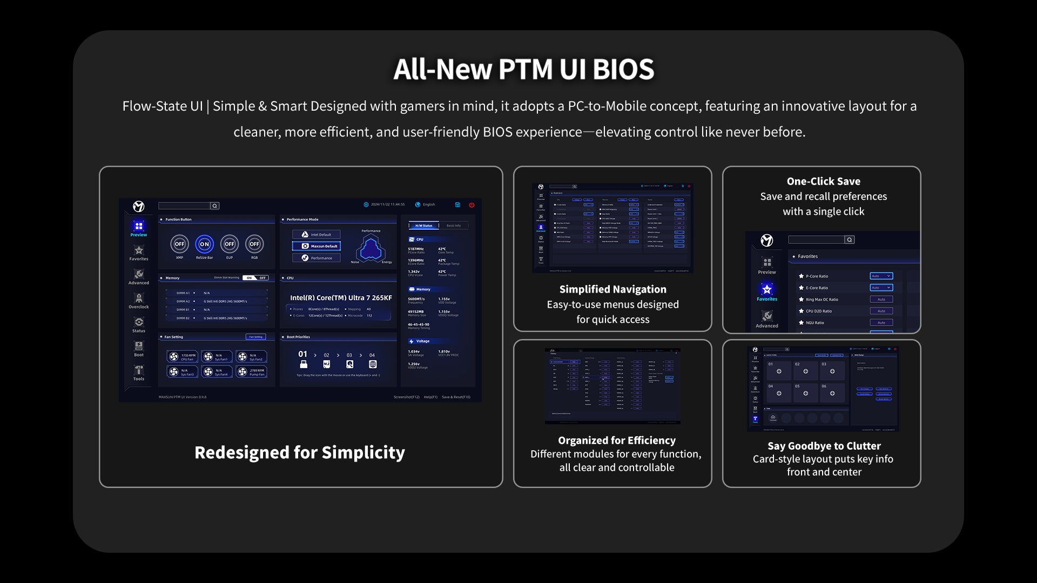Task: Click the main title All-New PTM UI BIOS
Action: (x=523, y=70)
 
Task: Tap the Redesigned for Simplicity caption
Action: (x=300, y=452)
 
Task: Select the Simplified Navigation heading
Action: (x=612, y=289)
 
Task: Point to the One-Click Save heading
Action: (x=823, y=181)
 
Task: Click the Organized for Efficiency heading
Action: (x=616, y=440)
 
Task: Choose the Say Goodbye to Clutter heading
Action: (x=824, y=446)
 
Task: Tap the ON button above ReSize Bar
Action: (x=204, y=244)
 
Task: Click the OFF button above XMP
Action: (x=179, y=244)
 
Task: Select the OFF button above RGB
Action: (x=254, y=244)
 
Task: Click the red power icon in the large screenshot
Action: (x=472, y=205)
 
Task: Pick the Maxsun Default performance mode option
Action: (x=317, y=246)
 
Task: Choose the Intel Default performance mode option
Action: (x=317, y=235)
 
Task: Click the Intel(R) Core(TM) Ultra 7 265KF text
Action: (x=341, y=298)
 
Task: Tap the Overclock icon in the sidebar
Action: (x=139, y=299)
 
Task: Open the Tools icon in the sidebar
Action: (x=139, y=370)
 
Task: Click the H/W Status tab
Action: (x=423, y=226)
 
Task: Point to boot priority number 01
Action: (x=302, y=354)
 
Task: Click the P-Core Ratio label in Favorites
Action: (x=817, y=276)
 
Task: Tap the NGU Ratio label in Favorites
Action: (x=814, y=323)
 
